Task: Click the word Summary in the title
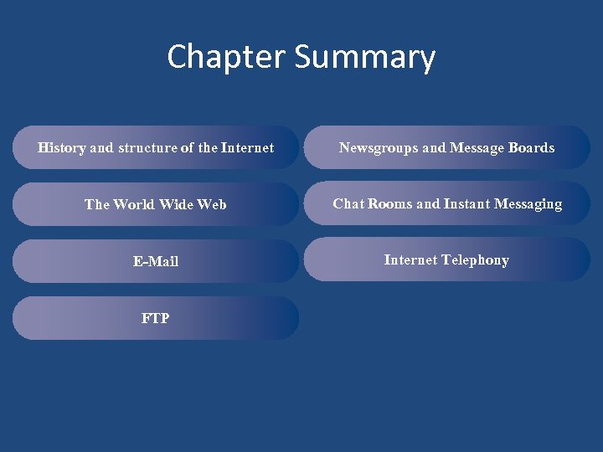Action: point(365,58)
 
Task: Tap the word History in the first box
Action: point(61,148)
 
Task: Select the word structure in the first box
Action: point(147,148)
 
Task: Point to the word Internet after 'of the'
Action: point(247,148)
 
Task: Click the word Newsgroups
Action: point(379,148)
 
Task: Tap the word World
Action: point(140,204)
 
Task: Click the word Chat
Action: point(348,203)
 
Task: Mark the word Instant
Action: point(467,203)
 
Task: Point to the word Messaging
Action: point(529,204)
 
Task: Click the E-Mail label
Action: point(156,261)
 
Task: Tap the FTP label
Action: point(156,318)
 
